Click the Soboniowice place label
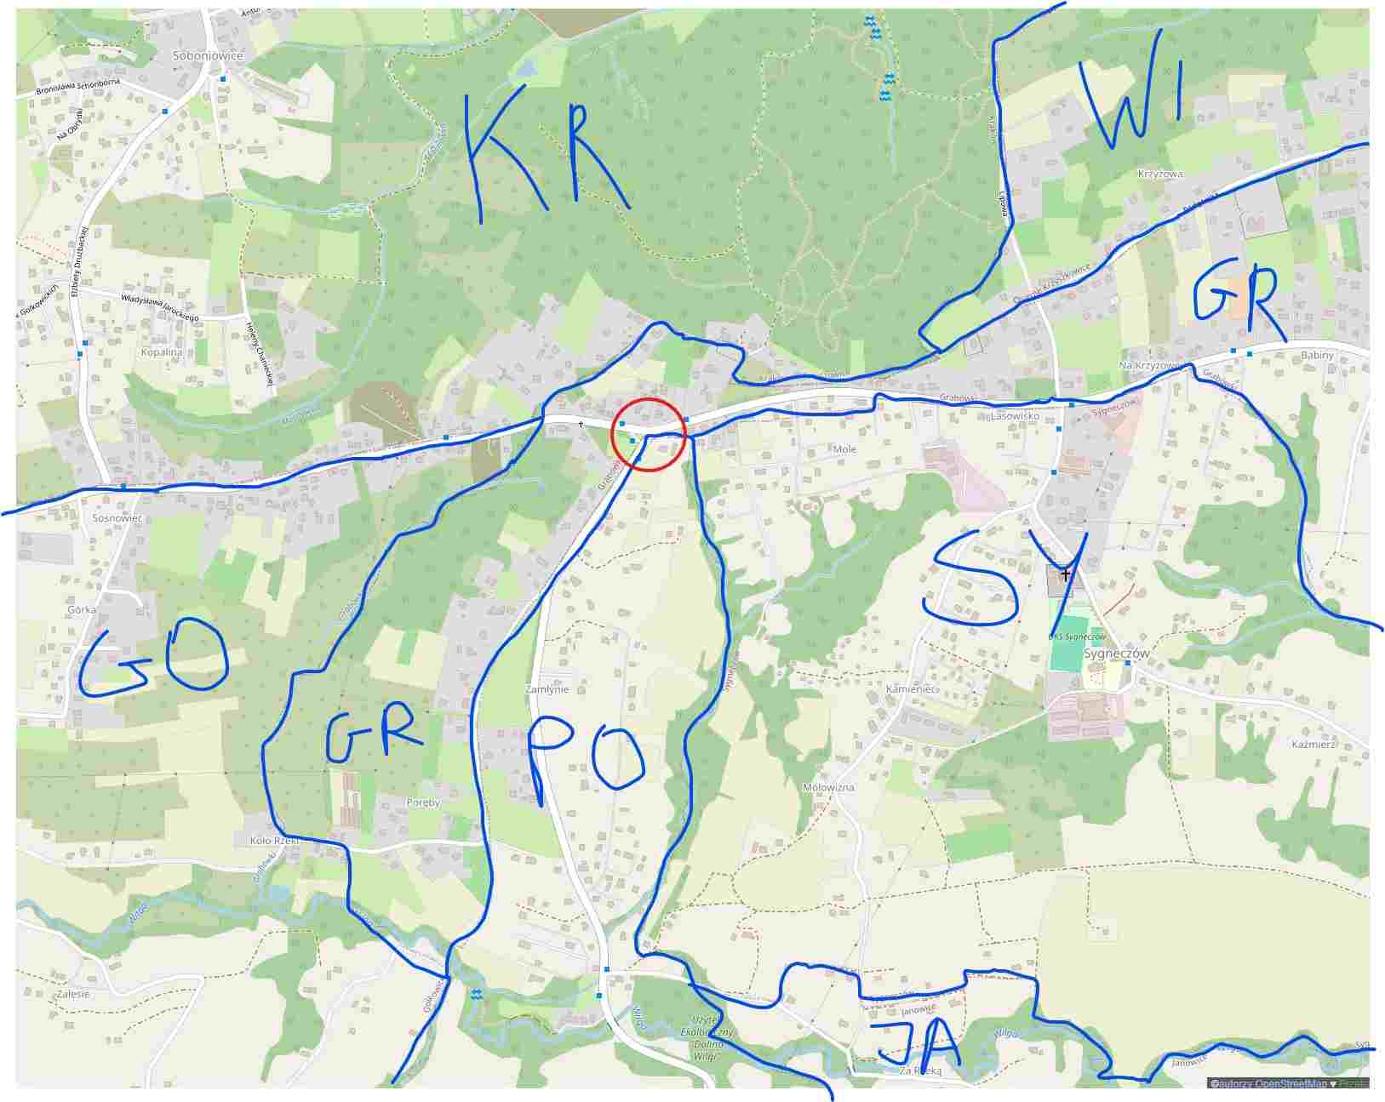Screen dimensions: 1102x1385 coord(207,55)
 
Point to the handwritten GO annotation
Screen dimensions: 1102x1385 coord(153,664)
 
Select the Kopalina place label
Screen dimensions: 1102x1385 coord(162,351)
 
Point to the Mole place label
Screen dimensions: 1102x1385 coord(844,449)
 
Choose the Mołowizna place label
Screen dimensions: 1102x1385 coord(828,788)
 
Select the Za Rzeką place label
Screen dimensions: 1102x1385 coord(921,1071)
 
